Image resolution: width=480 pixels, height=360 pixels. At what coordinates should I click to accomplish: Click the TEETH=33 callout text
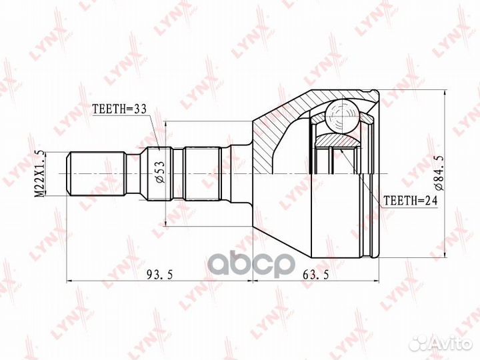pos(120,109)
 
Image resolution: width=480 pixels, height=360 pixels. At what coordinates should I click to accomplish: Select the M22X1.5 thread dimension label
pos(39,173)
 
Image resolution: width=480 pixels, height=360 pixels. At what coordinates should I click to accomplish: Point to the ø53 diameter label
pos(161,172)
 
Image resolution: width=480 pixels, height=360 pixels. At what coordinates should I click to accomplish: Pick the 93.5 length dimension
pos(160,275)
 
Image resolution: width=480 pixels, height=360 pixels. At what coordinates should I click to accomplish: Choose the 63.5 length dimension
pos(315,275)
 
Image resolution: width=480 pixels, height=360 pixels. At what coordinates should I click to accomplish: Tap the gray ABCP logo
pos(251,264)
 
